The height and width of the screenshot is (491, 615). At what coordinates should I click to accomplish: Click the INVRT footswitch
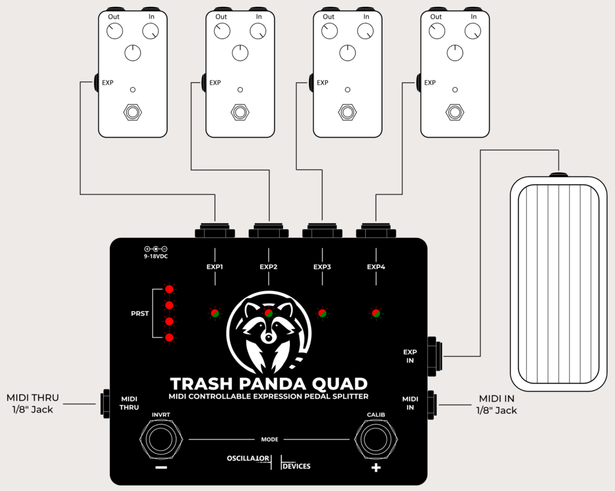click(x=161, y=439)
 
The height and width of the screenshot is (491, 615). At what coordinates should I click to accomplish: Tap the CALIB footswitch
click(x=376, y=439)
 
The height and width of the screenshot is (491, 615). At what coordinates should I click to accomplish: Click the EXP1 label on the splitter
click(x=215, y=267)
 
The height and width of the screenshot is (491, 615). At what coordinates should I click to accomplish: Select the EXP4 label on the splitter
click(x=376, y=267)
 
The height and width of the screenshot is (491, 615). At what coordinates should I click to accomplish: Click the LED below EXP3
click(x=322, y=313)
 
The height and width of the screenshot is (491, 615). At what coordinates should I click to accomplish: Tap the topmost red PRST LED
click(x=169, y=289)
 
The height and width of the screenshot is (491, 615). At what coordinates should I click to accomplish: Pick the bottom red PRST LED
click(x=169, y=337)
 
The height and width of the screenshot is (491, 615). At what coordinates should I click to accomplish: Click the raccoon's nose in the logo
click(x=268, y=337)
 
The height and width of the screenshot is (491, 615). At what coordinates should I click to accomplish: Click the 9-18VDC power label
click(x=156, y=256)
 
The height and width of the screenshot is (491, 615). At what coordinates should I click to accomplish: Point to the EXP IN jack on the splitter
click(x=435, y=356)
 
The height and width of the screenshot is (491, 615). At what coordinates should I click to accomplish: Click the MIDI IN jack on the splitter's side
click(x=432, y=405)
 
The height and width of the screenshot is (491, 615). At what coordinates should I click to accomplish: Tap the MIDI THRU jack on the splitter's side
click(x=105, y=403)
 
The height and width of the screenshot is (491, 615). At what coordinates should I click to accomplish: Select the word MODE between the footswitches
click(x=270, y=439)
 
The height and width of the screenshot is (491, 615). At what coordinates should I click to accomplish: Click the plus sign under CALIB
click(x=376, y=468)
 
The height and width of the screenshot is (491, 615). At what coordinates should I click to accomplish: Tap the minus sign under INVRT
click(x=161, y=468)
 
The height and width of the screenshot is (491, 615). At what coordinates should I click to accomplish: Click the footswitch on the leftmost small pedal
click(x=133, y=112)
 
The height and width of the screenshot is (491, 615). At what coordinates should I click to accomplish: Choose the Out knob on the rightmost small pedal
click(x=437, y=31)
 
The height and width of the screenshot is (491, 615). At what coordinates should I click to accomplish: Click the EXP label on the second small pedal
click(x=215, y=83)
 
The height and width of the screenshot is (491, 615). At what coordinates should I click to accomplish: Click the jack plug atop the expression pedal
click(x=559, y=174)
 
